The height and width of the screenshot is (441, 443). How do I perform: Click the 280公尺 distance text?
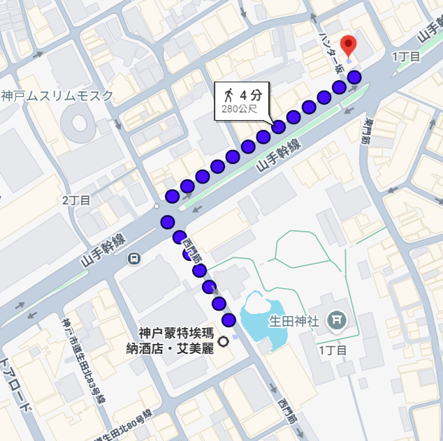click(239, 109)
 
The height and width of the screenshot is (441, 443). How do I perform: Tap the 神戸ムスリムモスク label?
click(57, 96)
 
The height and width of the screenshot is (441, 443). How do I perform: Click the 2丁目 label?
click(76, 200)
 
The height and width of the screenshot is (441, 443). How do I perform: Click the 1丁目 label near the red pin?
click(406, 57)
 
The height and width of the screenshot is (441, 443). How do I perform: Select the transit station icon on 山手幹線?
click(133, 258)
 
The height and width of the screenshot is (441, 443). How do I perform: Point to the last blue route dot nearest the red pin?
click(355, 77)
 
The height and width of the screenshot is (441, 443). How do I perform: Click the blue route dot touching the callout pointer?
click(278, 126)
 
